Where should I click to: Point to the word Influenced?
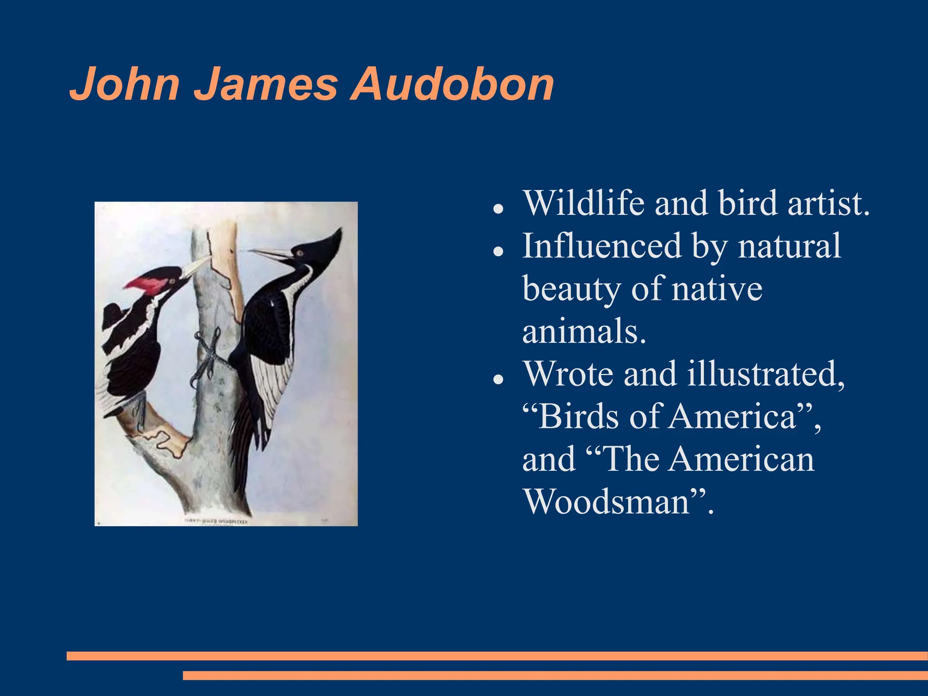tap(602, 246)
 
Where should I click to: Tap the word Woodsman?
tap(607, 501)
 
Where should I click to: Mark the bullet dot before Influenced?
tap(498, 251)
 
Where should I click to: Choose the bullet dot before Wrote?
tap(498, 379)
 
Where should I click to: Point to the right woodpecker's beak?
tap(267, 254)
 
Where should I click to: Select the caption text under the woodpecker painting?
tap(216, 522)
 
